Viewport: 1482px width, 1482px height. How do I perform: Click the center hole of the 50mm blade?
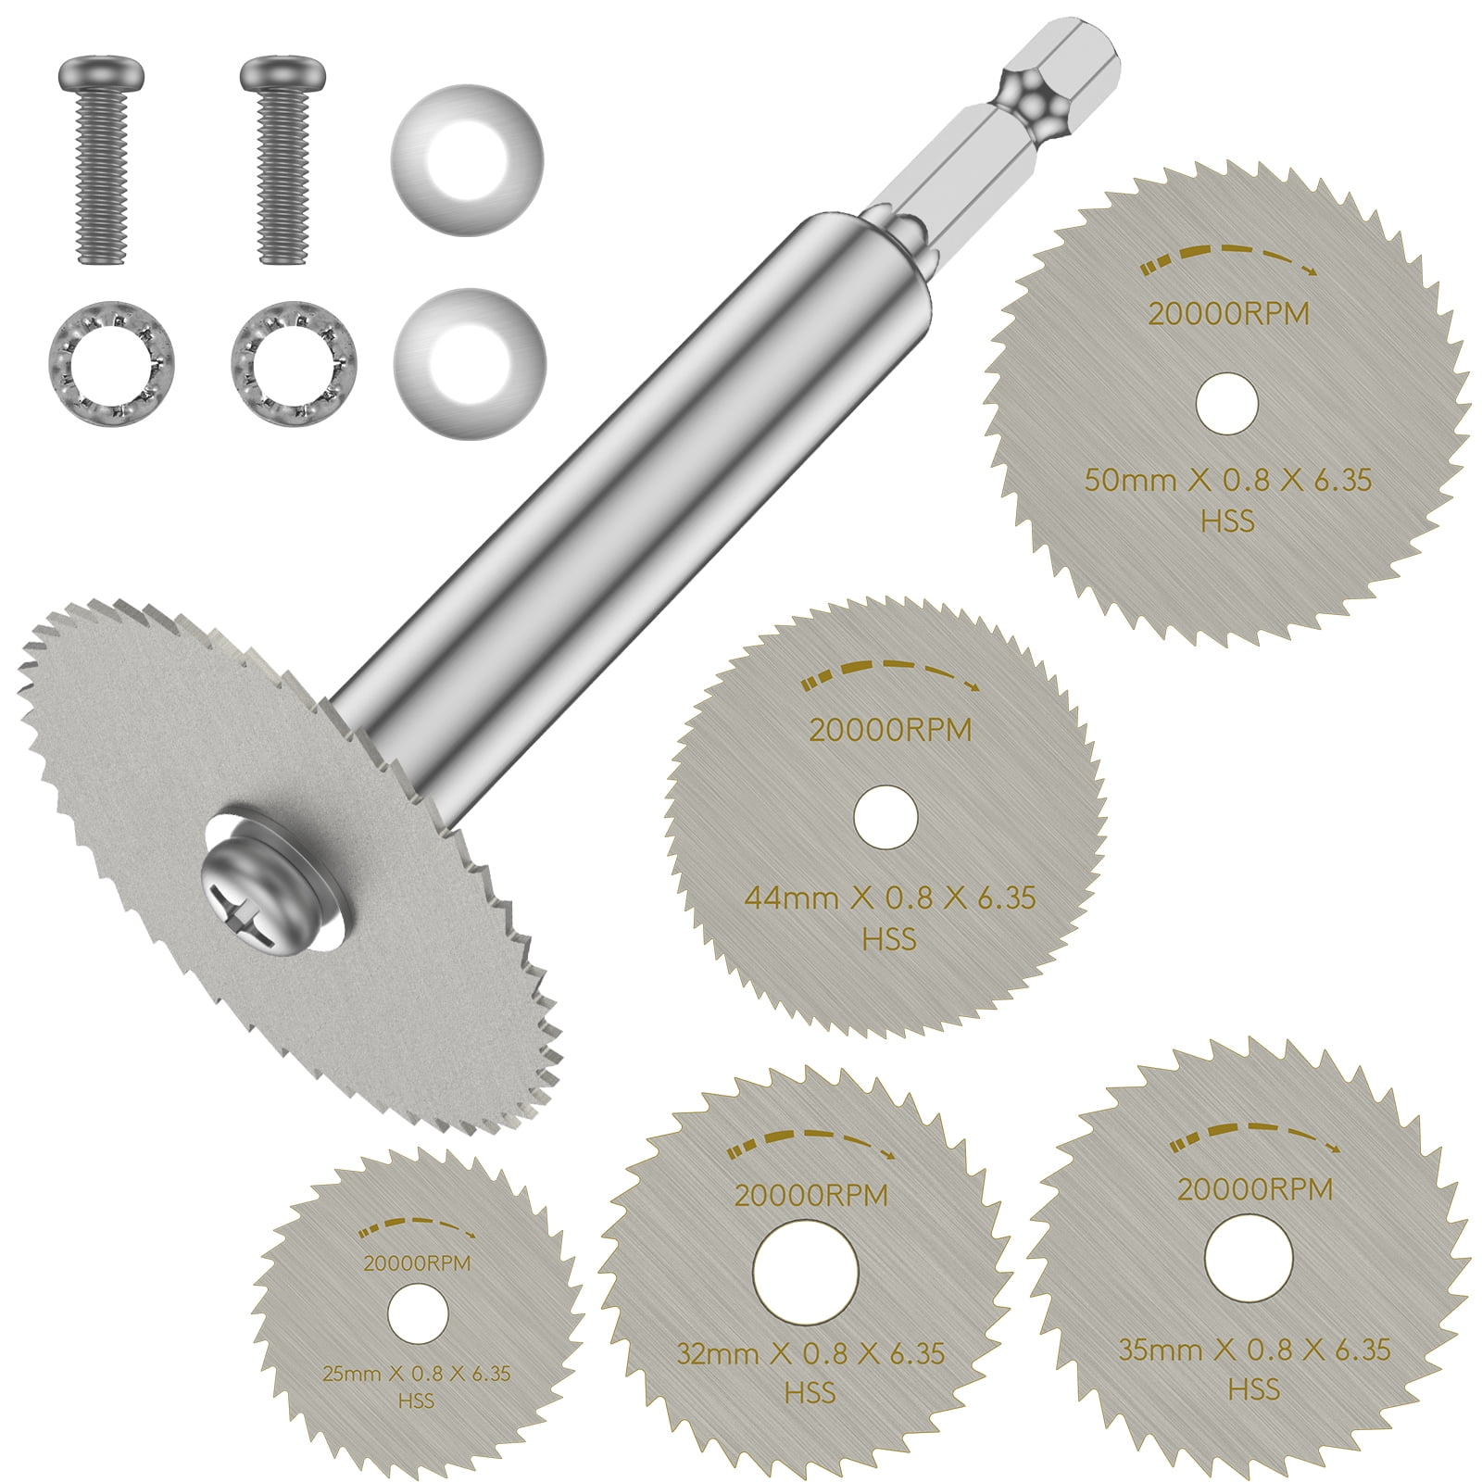(1227, 403)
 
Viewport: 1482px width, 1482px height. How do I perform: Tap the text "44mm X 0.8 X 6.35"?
(890, 898)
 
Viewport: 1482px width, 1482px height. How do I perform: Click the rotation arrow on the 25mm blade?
(417, 1229)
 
